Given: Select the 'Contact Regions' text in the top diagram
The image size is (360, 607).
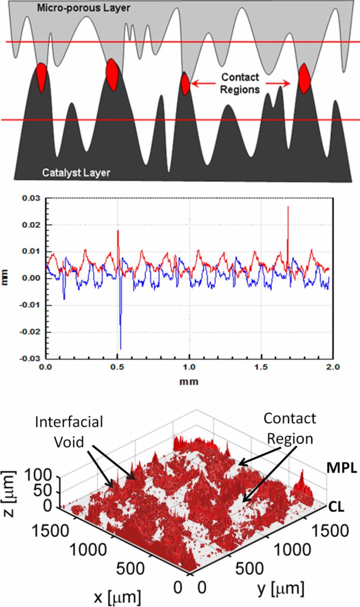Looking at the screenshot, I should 240,83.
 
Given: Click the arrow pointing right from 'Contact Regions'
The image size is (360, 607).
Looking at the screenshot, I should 277,83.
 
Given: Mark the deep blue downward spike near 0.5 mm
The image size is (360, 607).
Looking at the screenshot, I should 120,327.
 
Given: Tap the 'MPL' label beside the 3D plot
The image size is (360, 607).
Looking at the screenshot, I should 338,469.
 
